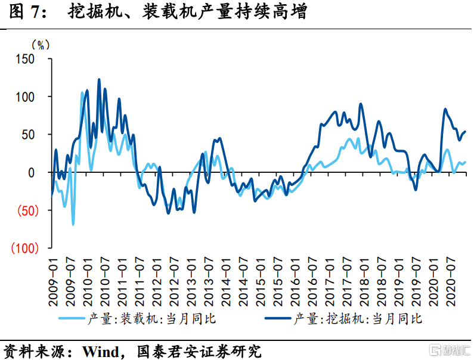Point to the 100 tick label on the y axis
coord(39,97)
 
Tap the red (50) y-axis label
coord(34,210)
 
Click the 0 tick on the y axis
coord(45,172)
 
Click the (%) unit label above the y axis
coord(39,44)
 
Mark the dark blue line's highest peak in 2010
coord(99,79)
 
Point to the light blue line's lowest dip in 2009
coord(73,224)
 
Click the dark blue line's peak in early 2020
coord(445,109)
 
